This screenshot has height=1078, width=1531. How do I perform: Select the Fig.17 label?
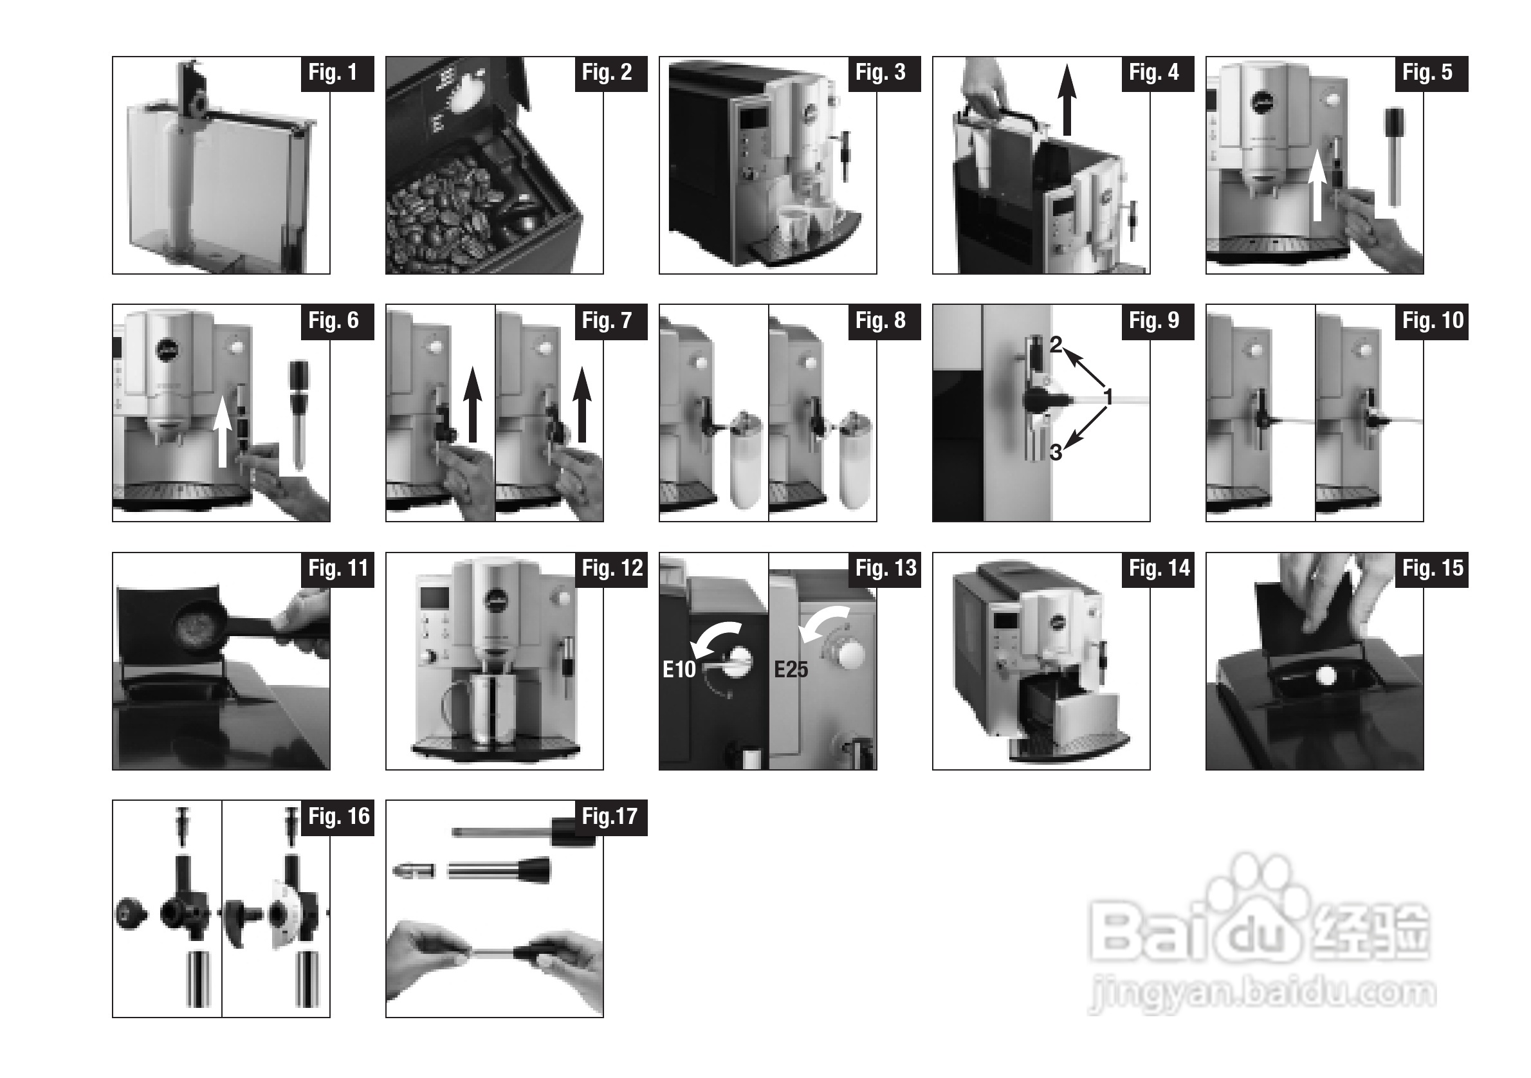610,818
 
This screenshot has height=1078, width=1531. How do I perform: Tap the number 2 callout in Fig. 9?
1055,345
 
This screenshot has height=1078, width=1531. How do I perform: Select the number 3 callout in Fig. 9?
1056,453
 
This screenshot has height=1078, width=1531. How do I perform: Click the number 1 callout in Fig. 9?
1108,397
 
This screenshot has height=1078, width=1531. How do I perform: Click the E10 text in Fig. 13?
679,670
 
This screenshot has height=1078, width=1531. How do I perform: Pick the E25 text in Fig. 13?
791,670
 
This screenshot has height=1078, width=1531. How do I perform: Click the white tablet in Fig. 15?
1326,677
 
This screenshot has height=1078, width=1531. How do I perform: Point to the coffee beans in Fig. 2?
440,214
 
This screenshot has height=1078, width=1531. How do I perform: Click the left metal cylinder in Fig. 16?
198,979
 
